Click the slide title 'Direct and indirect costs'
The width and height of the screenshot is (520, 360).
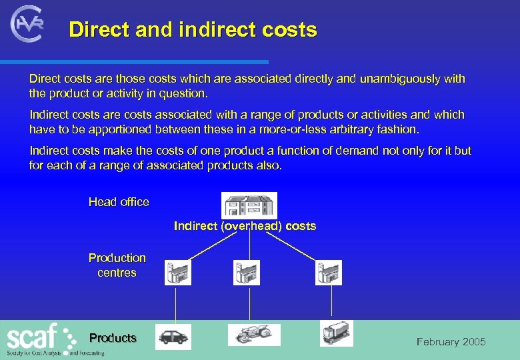coord(193,30)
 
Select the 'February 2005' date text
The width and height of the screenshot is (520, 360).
coord(451,342)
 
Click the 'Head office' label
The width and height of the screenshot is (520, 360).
coord(119,202)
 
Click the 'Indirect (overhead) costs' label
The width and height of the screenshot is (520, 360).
coord(245,226)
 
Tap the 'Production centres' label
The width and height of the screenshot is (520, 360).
coord(117,265)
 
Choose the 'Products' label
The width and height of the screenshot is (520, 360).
coord(113,338)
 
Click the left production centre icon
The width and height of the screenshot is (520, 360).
coord(177,273)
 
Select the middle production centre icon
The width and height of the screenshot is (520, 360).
coord(247,273)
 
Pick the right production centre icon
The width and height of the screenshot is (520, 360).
coord(329,273)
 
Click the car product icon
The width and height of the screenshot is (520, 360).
coord(173,337)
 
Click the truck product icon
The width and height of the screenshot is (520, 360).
coord(336,333)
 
